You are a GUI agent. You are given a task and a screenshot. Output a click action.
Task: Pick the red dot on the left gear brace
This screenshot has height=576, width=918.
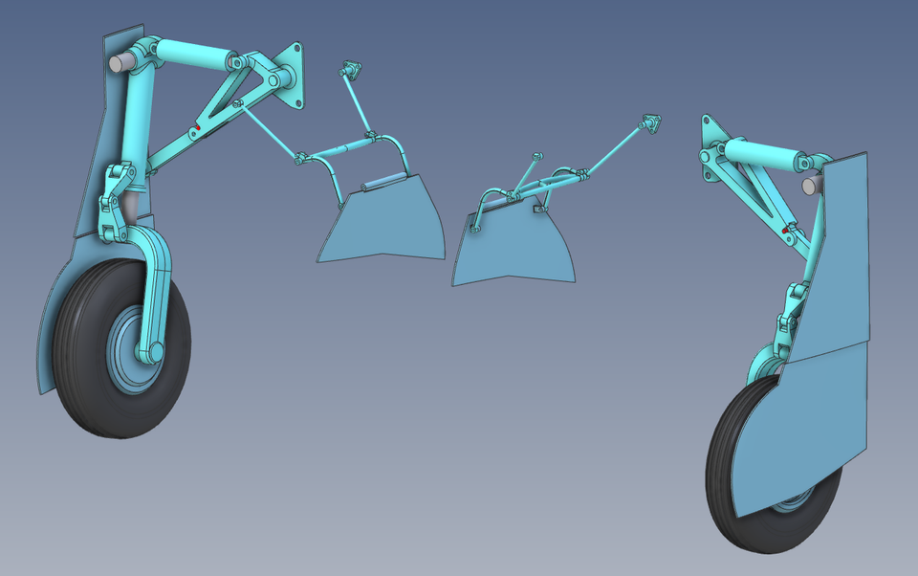pyautogui.click(x=196, y=127)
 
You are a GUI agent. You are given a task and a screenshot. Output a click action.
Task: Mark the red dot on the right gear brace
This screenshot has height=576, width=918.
pyautogui.click(x=786, y=230)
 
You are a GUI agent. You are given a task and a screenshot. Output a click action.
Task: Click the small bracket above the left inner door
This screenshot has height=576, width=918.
pyautogui.click(x=350, y=69)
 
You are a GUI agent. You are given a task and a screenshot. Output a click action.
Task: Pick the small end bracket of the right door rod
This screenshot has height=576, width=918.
pyautogui.click(x=651, y=122)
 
